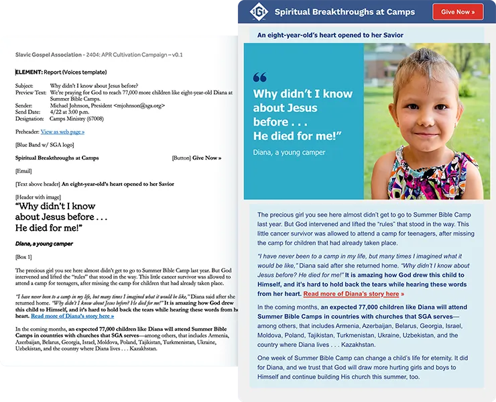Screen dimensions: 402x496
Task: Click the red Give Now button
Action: pos(458,12)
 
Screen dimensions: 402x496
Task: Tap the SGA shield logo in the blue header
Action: pos(259,12)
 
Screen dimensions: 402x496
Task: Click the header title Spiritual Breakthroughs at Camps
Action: pos(344,12)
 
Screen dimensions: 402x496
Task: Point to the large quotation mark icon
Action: pos(260,77)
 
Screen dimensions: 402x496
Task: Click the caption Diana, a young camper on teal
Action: pos(289,152)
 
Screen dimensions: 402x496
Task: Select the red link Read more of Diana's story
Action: pos(353,294)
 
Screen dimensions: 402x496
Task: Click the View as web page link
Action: pos(62,132)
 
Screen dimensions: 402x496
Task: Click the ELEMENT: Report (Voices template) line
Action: pos(61,72)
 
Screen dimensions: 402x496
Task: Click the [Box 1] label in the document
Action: pos(23,257)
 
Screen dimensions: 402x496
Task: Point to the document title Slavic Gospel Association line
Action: pos(99,54)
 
